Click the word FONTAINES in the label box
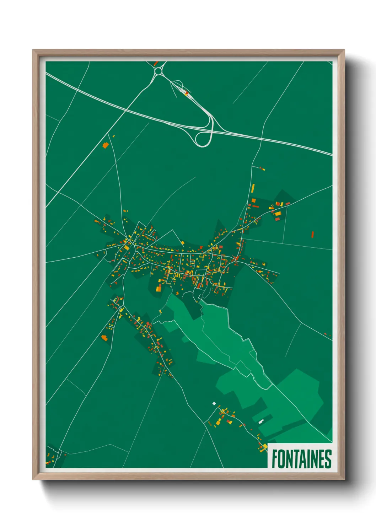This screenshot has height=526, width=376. (301, 459)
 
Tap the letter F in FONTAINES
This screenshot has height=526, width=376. (275, 459)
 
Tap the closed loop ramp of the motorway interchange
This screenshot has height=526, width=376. (203, 139)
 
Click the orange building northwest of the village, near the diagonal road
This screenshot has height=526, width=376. (105, 145)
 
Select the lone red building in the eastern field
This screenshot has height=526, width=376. (313, 234)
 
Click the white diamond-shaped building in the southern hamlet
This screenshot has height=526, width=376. (214, 403)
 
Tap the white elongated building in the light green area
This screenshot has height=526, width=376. (261, 421)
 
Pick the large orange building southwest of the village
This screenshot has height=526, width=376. (104, 338)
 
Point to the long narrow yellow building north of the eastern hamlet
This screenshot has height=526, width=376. (253, 188)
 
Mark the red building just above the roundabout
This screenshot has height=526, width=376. (156, 63)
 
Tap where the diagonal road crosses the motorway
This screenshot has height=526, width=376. (126, 110)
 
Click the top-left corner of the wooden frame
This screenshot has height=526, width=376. (33, 50)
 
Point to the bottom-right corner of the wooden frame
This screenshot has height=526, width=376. (344, 479)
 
